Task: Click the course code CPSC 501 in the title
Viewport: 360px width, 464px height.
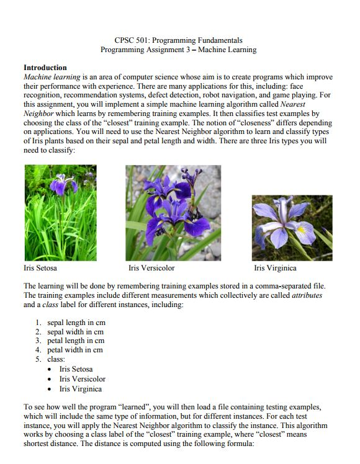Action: [134, 40]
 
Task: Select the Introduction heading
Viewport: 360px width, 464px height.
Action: [45, 67]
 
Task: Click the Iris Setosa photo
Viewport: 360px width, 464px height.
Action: [60, 212]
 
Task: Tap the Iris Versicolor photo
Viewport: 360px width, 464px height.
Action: [173, 212]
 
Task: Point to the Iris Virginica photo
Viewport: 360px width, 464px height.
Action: [292, 227]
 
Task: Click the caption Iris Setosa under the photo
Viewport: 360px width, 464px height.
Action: [40, 268]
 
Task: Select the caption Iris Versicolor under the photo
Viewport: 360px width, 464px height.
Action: [151, 268]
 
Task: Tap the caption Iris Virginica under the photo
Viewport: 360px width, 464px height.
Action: [275, 268]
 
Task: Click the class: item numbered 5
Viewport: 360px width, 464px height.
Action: [56, 359]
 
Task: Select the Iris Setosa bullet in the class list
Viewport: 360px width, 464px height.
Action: [76, 369]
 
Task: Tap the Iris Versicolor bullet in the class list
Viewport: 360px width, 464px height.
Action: [83, 379]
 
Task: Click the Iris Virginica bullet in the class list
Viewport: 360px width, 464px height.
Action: [81, 389]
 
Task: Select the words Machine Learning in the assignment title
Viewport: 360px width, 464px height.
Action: [230, 50]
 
